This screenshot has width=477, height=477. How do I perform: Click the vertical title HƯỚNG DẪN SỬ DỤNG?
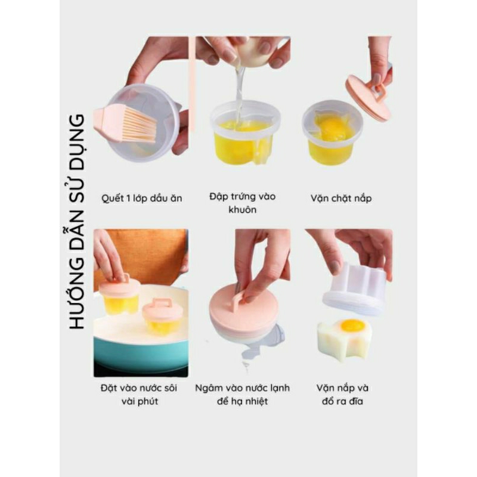(76, 221)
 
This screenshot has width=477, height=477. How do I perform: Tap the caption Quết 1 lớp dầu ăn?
(142, 199)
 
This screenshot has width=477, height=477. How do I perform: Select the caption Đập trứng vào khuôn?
(243, 203)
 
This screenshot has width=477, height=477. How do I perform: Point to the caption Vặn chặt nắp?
(341, 199)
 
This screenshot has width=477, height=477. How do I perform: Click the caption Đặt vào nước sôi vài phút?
(140, 395)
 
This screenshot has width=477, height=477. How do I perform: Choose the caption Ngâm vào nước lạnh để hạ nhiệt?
(243, 395)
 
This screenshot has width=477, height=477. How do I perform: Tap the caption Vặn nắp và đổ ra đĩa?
(342, 395)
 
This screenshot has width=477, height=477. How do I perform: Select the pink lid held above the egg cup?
(367, 97)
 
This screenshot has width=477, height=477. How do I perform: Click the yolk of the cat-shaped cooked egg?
(352, 326)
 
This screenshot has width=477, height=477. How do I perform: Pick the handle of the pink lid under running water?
(240, 301)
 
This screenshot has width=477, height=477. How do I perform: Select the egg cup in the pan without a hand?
(162, 317)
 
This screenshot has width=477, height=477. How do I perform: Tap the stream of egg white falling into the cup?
(239, 91)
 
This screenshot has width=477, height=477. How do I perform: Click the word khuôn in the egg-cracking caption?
(243, 210)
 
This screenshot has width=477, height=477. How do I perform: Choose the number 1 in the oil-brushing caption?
(128, 199)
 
